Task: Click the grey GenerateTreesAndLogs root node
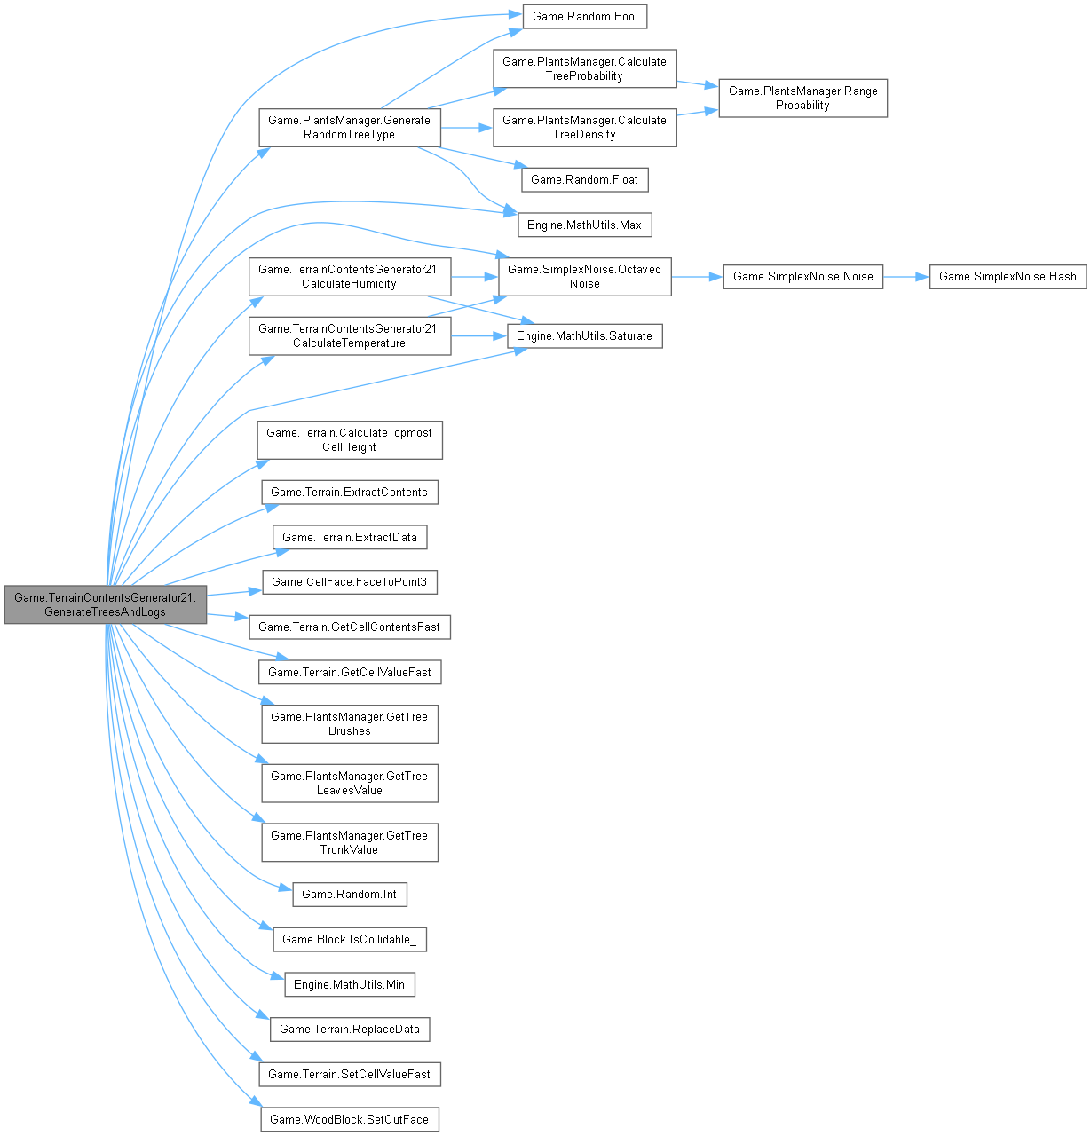(x=105, y=604)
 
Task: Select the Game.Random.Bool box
(x=584, y=16)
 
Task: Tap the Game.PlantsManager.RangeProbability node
(x=802, y=98)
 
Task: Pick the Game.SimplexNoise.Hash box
(x=1008, y=277)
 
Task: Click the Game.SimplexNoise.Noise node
(x=802, y=277)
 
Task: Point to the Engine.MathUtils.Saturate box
(x=584, y=336)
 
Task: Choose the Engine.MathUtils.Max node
(x=584, y=225)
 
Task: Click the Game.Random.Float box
(x=584, y=179)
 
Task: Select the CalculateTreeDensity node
(x=584, y=128)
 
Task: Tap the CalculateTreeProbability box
(x=584, y=68)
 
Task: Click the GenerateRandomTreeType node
(x=349, y=128)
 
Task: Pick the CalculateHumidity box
(x=349, y=276)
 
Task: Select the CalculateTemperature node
(x=349, y=335)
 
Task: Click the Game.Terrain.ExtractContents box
(x=349, y=492)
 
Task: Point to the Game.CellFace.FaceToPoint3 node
(x=349, y=582)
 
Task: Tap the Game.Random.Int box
(x=349, y=894)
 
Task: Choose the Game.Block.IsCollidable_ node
(x=349, y=939)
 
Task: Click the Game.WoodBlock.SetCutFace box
(x=349, y=1119)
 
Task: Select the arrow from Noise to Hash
(x=905, y=277)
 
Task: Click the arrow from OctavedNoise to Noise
(x=697, y=277)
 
